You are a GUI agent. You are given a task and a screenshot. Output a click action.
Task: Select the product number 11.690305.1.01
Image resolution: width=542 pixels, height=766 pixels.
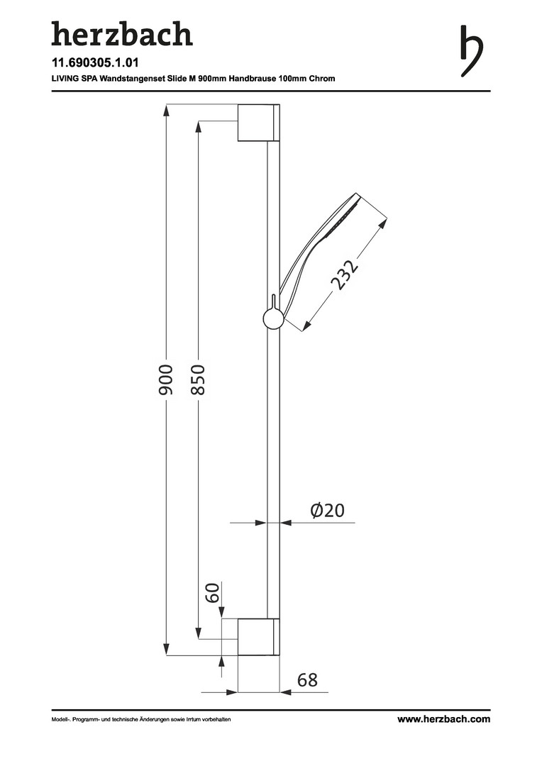point(95,62)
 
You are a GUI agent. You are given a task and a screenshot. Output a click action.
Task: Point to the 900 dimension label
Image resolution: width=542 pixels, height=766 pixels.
point(166,379)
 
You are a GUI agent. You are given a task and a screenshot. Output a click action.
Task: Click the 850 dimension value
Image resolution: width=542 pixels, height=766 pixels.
point(198,379)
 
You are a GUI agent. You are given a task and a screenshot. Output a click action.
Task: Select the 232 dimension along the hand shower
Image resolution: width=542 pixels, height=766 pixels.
point(344,274)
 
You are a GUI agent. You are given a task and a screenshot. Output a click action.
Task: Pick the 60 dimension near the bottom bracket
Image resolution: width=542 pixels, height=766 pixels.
point(211,592)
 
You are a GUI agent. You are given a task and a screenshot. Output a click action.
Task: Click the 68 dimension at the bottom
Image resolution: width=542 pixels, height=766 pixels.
point(307,679)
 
